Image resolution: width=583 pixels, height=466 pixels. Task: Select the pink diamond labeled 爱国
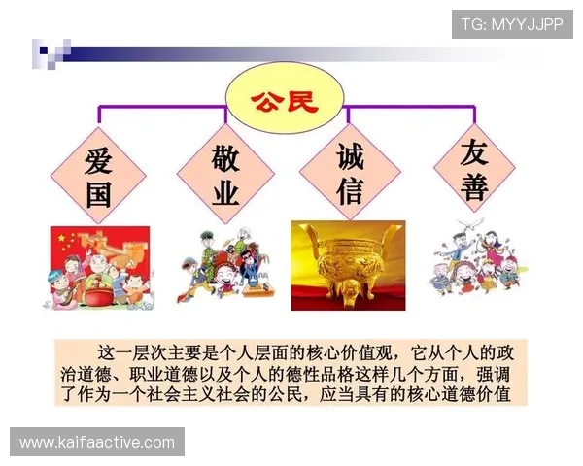pyautogui.click(x=98, y=176)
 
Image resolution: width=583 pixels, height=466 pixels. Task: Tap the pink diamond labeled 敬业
pyautogui.click(x=224, y=176)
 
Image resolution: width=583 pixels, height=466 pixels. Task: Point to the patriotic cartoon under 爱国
pyautogui.click(x=98, y=267)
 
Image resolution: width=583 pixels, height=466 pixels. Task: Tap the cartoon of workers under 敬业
pyautogui.click(x=224, y=267)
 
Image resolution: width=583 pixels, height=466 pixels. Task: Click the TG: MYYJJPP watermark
pyautogui.click(x=512, y=23)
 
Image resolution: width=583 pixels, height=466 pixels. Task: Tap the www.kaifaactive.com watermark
pyautogui.click(x=97, y=443)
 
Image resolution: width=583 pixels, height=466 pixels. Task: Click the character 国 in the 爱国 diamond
pyautogui.click(x=98, y=194)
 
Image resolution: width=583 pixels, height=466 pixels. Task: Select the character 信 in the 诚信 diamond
pyautogui.click(x=349, y=191)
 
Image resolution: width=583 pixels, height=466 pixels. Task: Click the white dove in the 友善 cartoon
pyautogui.click(x=458, y=233)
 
